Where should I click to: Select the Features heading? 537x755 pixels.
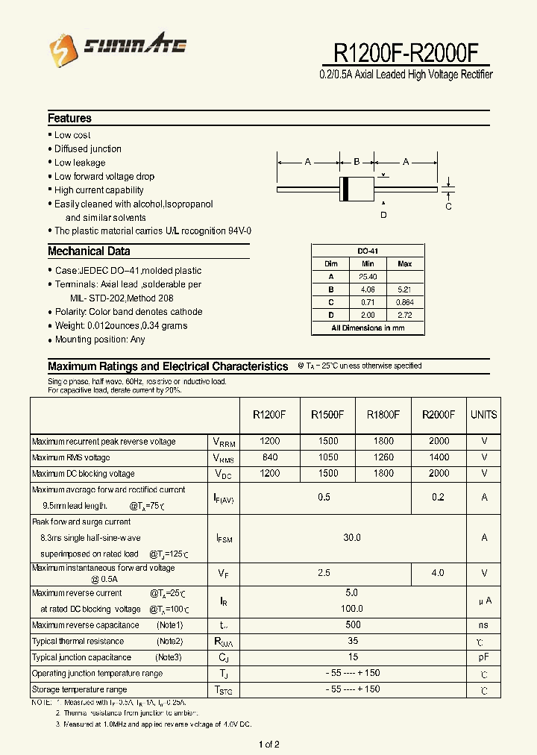[69, 118]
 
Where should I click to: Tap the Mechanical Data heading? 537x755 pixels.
[89, 251]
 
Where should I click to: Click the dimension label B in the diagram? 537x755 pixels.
[357, 162]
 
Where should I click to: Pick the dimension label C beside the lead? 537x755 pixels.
[448, 207]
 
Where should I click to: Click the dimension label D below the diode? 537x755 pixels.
[383, 216]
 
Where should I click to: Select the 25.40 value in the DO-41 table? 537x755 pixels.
[368, 277]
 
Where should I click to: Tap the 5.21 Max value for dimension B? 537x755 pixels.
[404, 289]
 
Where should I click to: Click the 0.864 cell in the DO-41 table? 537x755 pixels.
[404, 302]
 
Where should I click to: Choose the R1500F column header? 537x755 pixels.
[325, 415]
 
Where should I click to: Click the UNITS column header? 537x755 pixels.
[483, 415]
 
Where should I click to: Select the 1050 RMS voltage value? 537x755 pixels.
[325, 457]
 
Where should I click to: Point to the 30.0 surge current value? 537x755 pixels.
[353, 537]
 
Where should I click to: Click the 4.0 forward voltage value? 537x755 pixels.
[438, 573]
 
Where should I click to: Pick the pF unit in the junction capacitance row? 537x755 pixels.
[483, 657]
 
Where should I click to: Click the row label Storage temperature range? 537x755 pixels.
[79, 689]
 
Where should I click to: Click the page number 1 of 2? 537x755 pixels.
[268, 744]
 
